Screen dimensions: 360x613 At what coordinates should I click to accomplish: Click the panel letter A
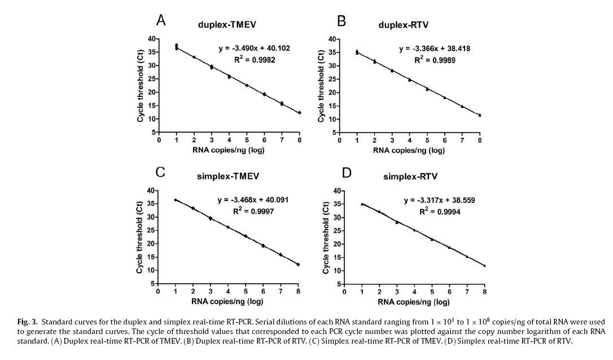point(161,20)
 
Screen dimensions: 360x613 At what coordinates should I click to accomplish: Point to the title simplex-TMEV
point(227,176)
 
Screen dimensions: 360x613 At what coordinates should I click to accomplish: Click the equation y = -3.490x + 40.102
point(254,49)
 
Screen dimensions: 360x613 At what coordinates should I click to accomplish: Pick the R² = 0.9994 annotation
point(439,211)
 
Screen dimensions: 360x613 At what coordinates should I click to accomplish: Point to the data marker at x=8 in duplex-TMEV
point(299,113)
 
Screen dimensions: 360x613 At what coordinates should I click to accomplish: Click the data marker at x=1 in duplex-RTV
point(357,52)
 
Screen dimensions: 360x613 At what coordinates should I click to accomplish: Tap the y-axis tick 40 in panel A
point(151,38)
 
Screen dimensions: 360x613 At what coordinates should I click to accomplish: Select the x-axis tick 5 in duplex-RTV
point(427,141)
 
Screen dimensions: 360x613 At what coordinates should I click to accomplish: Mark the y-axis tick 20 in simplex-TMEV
point(150,244)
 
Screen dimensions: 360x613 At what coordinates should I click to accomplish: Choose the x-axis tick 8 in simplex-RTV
point(484,292)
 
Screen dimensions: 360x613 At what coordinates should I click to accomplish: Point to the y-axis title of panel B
point(322,85)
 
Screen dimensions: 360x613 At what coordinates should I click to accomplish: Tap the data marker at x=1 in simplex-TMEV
point(176,200)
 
